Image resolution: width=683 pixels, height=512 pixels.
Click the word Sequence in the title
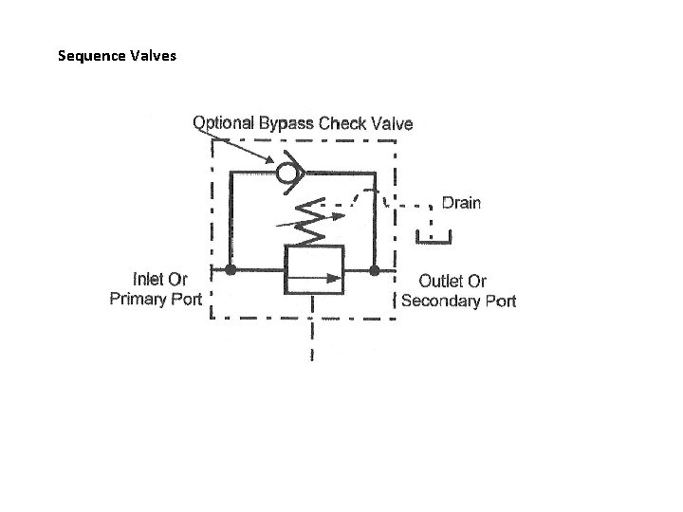click(x=88, y=55)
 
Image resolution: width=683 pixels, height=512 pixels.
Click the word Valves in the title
click(x=148, y=55)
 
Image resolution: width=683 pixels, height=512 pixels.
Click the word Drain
click(x=461, y=202)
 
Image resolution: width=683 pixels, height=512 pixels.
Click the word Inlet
click(x=146, y=280)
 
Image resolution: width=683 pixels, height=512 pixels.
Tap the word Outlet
click(x=441, y=281)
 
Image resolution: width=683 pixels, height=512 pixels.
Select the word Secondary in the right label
click(x=442, y=301)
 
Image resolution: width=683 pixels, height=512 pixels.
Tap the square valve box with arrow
click(x=314, y=269)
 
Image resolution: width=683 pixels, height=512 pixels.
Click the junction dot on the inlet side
click(x=230, y=271)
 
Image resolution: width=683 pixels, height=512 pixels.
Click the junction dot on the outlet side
click(x=375, y=271)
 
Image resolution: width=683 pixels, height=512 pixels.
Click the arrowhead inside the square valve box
click(x=335, y=278)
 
